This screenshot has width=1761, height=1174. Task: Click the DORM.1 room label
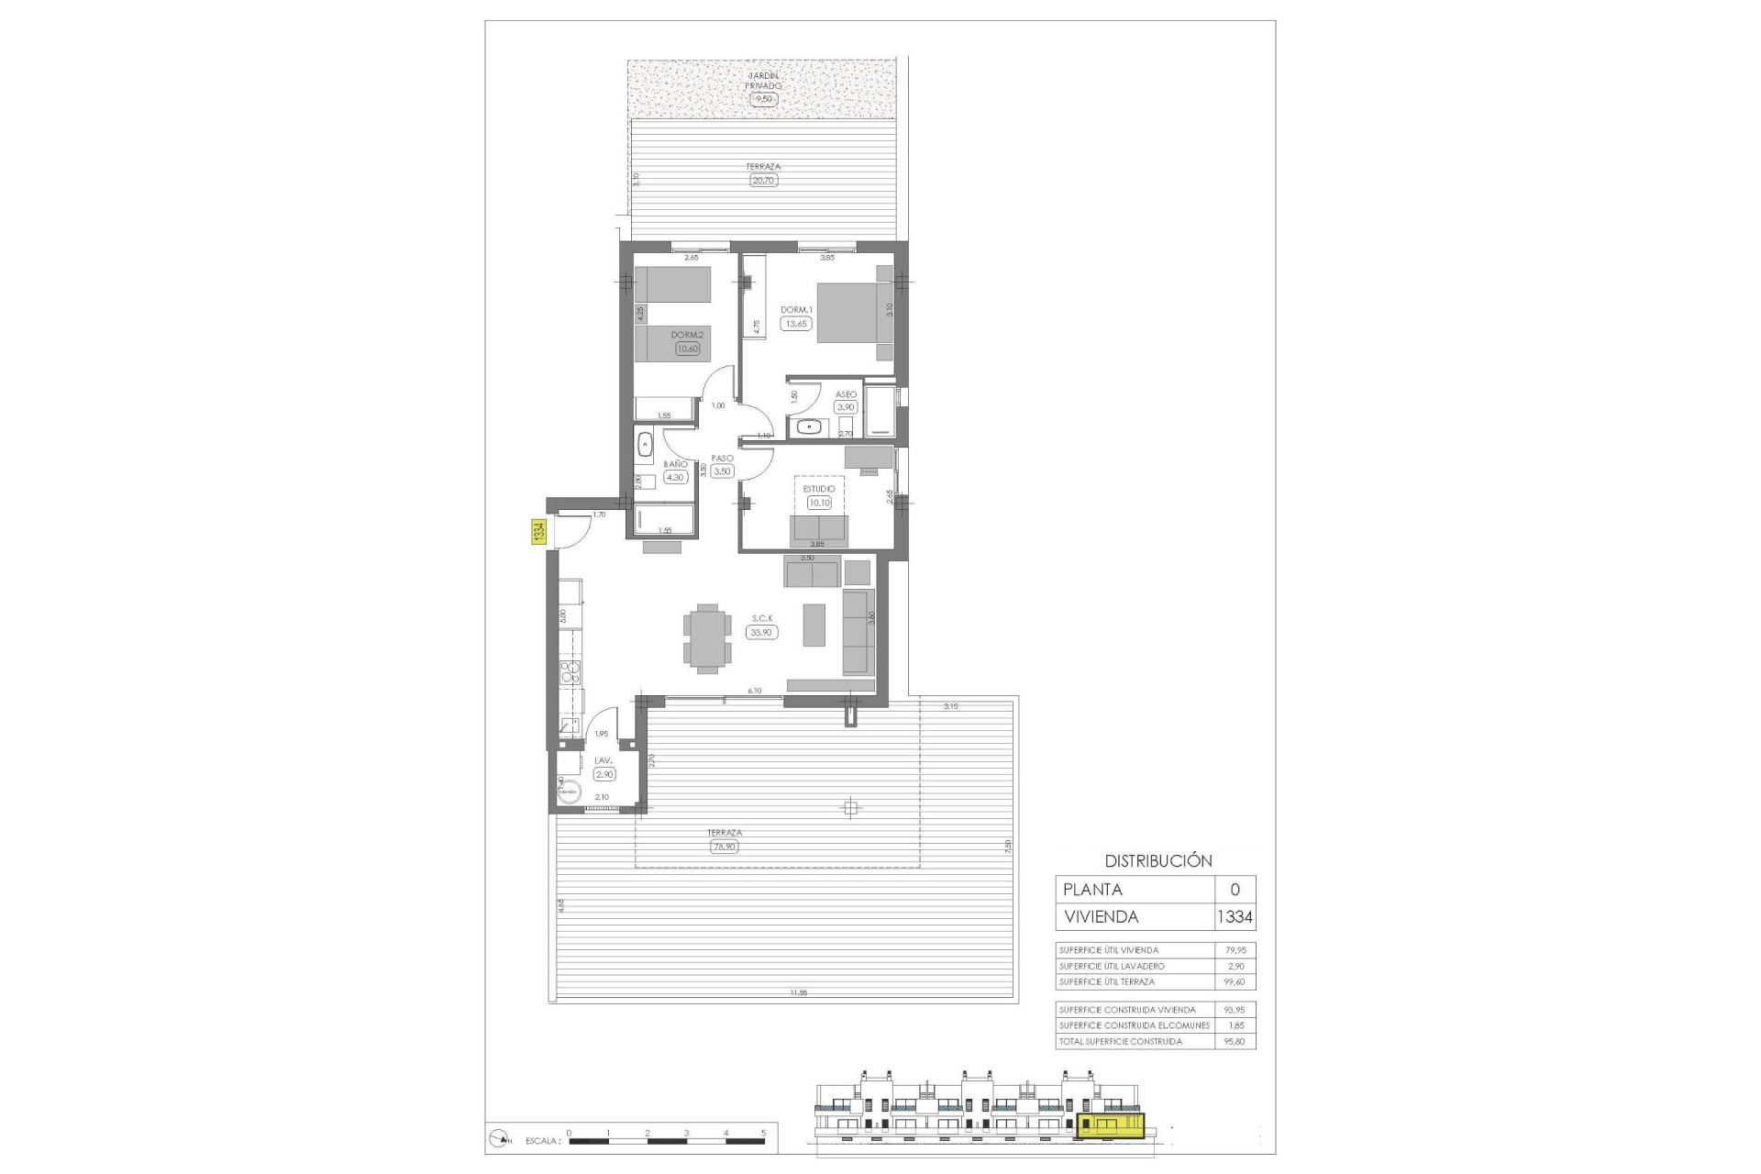click(x=796, y=310)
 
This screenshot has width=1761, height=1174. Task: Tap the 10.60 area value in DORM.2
click(x=687, y=349)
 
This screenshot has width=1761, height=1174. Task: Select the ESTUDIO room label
click(x=819, y=489)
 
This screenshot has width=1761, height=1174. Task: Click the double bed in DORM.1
click(x=853, y=313)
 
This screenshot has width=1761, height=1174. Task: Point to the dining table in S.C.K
click(x=707, y=638)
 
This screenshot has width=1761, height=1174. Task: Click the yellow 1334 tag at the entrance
click(x=539, y=532)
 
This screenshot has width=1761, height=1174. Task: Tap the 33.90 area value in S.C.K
click(x=762, y=632)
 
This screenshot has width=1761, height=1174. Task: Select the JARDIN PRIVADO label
click(x=764, y=80)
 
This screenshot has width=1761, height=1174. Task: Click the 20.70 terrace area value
click(x=763, y=181)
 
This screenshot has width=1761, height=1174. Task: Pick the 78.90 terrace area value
click(x=724, y=847)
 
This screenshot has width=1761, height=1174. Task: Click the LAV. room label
click(x=603, y=760)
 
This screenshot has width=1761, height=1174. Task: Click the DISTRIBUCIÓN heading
click(x=1157, y=860)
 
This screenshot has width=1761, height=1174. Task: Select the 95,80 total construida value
click(x=1235, y=1041)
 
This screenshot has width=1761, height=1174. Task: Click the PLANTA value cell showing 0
click(x=1235, y=889)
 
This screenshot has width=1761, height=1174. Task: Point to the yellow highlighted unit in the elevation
click(x=1112, y=1124)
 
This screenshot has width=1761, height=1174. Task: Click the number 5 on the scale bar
click(x=763, y=1133)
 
